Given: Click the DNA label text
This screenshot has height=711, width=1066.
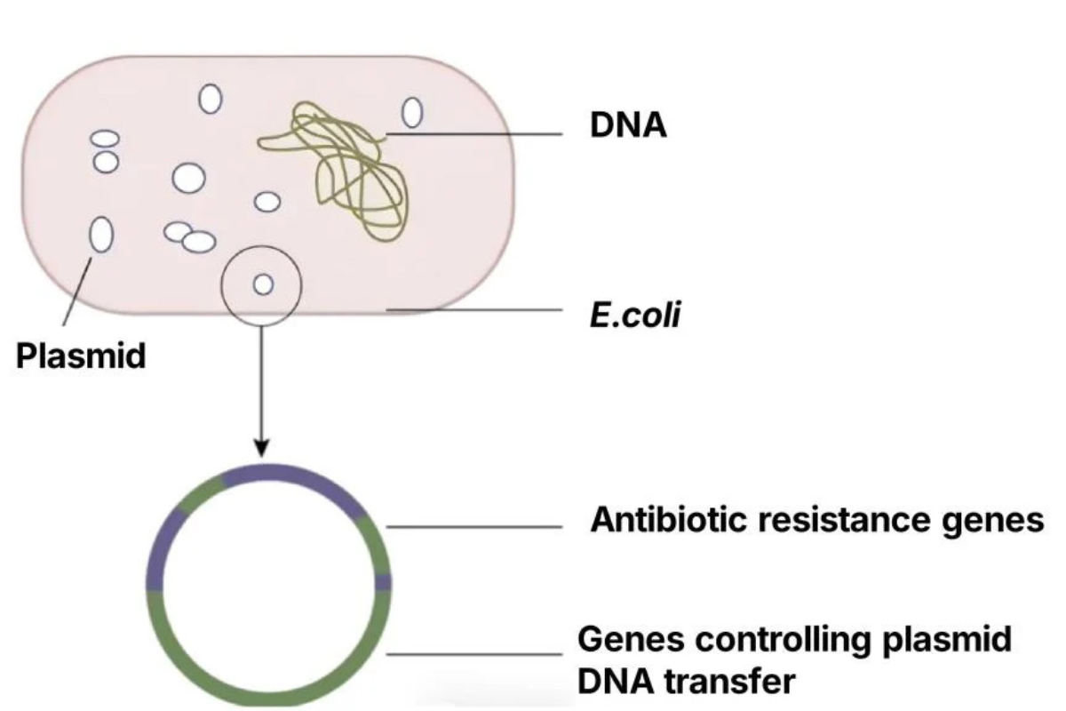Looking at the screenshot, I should [628, 126].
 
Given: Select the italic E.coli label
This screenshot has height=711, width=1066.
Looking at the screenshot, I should [635, 315].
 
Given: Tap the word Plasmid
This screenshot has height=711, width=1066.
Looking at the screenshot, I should [81, 355].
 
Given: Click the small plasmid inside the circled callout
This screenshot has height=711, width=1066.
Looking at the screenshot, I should [262, 284].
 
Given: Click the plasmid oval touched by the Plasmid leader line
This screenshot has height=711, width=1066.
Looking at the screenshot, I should [101, 236].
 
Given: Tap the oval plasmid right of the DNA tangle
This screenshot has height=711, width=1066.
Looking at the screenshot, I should [412, 113].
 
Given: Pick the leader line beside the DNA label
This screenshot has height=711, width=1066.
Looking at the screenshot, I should [480, 135].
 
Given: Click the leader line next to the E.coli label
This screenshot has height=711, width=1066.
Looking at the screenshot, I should [480, 310].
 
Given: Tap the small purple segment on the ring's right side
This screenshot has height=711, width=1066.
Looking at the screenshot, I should [383, 582].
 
